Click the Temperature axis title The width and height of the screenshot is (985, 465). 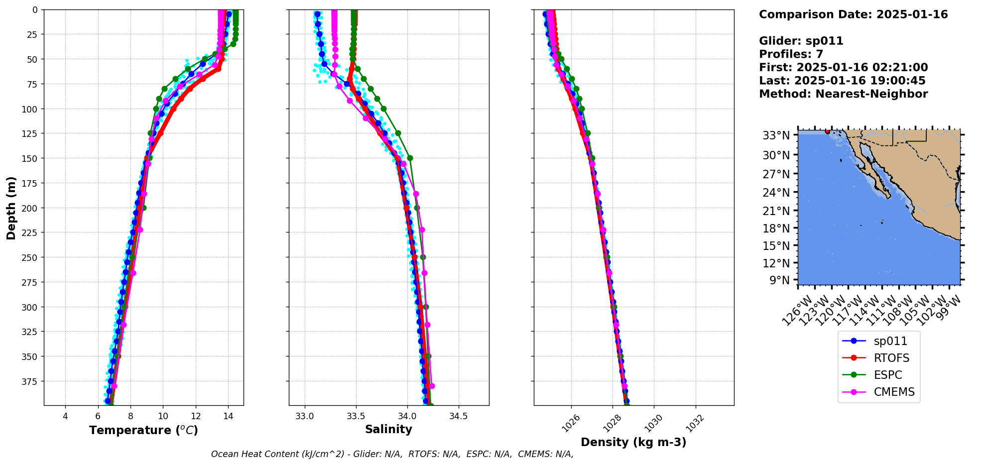pyautogui.click(x=143, y=430)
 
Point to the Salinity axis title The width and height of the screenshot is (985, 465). pyautogui.click(x=388, y=430)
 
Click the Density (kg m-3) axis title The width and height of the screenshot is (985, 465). pyautogui.click(x=633, y=442)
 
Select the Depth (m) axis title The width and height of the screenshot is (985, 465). pyautogui.click(x=11, y=208)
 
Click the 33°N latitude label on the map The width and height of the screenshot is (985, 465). pyautogui.click(x=776, y=136)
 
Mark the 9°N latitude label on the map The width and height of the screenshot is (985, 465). pyautogui.click(x=779, y=280)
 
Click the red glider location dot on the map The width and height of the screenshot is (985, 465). pyautogui.click(x=827, y=131)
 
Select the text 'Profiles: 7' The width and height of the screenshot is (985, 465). pyautogui.click(x=791, y=54)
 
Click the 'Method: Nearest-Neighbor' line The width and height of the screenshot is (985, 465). pyautogui.click(x=843, y=94)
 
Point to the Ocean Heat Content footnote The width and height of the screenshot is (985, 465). pyautogui.click(x=392, y=454)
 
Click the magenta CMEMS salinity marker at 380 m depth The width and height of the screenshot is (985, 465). pyautogui.click(x=432, y=386)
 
